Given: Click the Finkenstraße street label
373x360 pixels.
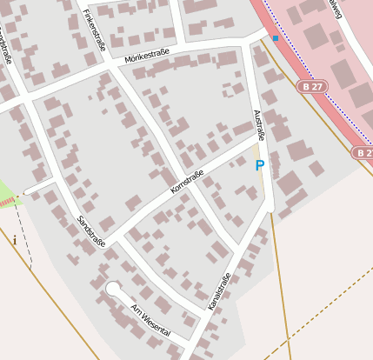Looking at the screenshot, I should pos(94,30).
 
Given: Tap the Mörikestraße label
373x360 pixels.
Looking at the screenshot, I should pos(146,56).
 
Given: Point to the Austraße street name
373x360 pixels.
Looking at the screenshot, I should pos(258,122).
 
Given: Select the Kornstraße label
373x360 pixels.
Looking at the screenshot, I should pos(187,182).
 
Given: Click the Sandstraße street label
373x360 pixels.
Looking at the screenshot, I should pos(90,230).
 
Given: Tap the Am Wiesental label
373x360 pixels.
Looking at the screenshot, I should pos(150,321).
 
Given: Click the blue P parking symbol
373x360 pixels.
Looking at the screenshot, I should pos(259,165).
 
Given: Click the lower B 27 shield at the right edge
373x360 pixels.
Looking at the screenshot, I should pos(363,152).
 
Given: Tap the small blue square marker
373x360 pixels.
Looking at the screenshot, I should pos(276,38).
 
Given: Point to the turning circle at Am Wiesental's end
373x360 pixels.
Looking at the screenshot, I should pos(112,288).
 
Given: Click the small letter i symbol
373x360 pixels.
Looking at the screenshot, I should pos(15,240).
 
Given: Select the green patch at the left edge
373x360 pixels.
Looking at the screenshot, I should pos(7,193).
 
